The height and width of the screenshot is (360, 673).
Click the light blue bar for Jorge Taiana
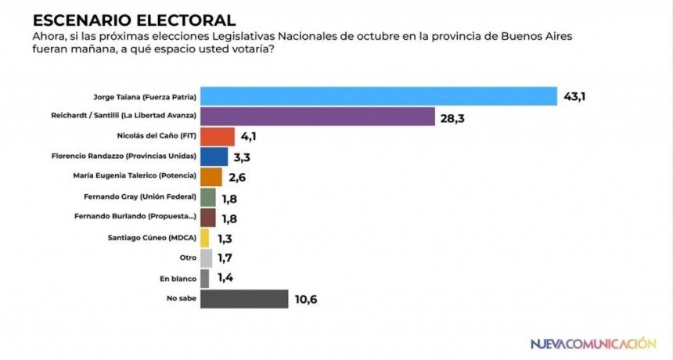379,96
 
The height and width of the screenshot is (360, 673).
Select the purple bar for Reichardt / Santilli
318,117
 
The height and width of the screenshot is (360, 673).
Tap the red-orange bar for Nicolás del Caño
218,137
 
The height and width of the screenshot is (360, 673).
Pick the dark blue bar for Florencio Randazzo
214,157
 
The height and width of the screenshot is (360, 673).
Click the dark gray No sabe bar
244,299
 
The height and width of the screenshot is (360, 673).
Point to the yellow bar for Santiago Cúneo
205,238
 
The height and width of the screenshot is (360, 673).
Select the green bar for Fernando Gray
207,197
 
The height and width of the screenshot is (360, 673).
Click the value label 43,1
577,97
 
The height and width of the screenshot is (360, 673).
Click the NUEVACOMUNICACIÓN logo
592,344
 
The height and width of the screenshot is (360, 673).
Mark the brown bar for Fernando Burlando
207,218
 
